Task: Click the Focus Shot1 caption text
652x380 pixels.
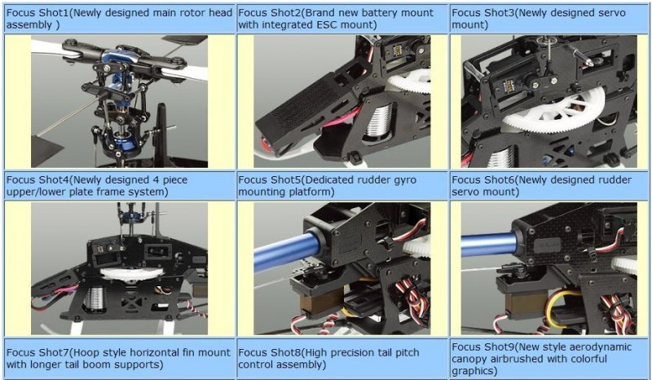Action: click(x=119, y=19)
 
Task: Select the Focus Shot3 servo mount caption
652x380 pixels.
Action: click(x=539, y=19)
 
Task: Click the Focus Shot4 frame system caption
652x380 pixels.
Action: click(x=97, y=186)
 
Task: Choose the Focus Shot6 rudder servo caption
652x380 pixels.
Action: click(x=541, y=186)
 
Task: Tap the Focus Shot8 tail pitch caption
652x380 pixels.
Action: click(x=328, y=358)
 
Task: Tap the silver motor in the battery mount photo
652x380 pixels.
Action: click(x=378, y=120)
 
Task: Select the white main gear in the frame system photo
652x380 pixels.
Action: click(x=131, y=273)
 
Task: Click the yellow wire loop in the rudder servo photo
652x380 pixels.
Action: click(x=562, y=309)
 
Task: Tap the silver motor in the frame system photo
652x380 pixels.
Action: click(x=95, y=298)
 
